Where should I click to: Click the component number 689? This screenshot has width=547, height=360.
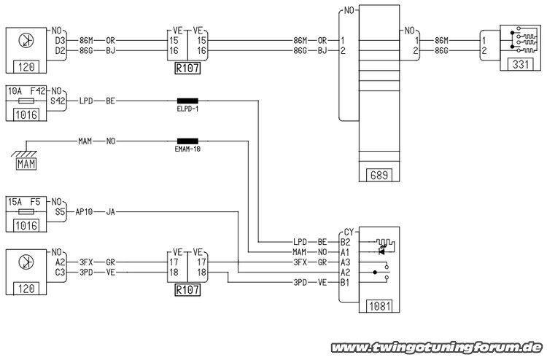pos(379,175)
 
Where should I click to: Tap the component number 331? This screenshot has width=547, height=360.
pos(521,64)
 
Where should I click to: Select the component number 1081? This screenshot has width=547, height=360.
pos(379,306)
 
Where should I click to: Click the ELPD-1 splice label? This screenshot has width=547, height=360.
pos(187,109)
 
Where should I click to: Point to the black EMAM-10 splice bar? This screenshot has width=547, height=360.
pos(187,141)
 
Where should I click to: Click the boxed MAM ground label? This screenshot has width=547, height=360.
pos(26,164)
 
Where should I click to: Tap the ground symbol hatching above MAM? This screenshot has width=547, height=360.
pos(24,154)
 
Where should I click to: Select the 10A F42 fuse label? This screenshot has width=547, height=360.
pos(26,91)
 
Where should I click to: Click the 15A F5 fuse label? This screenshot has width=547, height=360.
pos(24,202)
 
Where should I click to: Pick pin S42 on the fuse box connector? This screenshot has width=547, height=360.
pos(58,101)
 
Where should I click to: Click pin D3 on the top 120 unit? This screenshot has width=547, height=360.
pos(60,40)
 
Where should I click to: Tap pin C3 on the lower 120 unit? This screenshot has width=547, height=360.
pos(60,273)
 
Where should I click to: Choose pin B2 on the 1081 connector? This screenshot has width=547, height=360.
pos(346,242)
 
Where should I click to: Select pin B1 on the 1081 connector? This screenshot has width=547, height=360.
pos(345,283)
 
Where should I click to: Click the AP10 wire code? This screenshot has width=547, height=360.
pos(84,212)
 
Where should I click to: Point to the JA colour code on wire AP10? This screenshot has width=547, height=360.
pos(110,212)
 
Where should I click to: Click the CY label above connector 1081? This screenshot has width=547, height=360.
pos(349,232)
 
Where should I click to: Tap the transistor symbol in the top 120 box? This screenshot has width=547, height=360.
pos(26,41)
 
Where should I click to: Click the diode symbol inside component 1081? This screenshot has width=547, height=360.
pos(382,251)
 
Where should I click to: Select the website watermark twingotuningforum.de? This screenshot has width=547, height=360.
pos(437,347)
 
